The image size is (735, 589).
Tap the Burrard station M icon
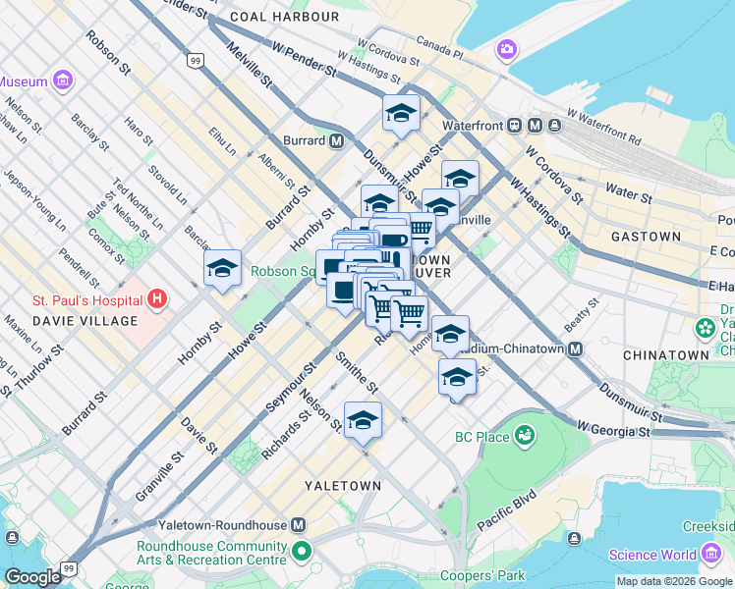tap(337, 140)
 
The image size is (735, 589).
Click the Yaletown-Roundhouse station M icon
tap(299, 525)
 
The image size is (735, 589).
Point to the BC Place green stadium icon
tap(526, 433)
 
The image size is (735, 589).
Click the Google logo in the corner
tap(33, 577)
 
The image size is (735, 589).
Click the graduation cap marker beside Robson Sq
tap(223, 268)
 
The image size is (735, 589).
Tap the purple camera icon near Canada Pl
tap(507, 48)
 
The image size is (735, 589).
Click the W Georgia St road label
tap(613, 430)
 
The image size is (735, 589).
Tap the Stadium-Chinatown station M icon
tap(576, 348)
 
